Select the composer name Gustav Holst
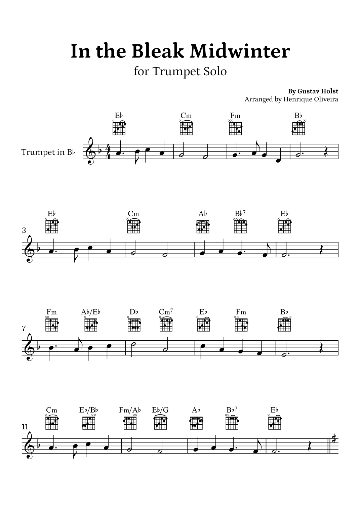point(318,91)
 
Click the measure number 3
point(24,230)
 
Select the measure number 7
point(24,329)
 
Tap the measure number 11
point(25,427)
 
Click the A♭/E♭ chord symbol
point(91,312)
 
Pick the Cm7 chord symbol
point(166,312)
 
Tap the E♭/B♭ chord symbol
point(88,410)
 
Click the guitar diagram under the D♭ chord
point(134,325)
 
